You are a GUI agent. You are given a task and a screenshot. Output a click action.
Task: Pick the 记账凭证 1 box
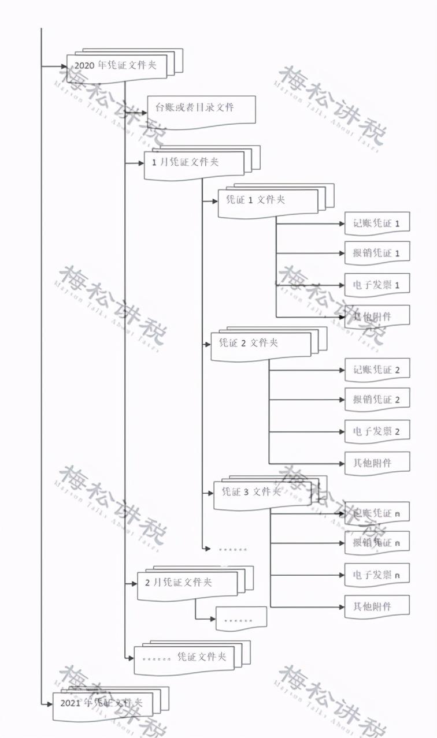377,223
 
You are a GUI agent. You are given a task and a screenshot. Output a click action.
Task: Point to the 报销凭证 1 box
377,253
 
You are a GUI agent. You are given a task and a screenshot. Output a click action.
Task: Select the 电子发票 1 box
377,285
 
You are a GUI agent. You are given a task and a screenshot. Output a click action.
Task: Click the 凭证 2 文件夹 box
260,344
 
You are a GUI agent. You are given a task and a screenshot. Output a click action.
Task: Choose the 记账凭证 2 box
377,370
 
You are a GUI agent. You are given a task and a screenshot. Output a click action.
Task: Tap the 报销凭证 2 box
377,400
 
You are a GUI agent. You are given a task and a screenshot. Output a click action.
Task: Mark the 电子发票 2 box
377,431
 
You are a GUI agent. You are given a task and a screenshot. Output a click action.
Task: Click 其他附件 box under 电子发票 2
377,463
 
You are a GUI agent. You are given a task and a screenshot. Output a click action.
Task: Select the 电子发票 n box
377,575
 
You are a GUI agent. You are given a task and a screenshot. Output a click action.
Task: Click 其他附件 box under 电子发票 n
377,606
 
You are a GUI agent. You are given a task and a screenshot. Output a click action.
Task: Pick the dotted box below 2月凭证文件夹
241,619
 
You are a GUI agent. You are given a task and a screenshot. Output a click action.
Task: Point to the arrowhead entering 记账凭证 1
341,223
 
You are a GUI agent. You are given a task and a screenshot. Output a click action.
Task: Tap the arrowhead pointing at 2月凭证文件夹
134,584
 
